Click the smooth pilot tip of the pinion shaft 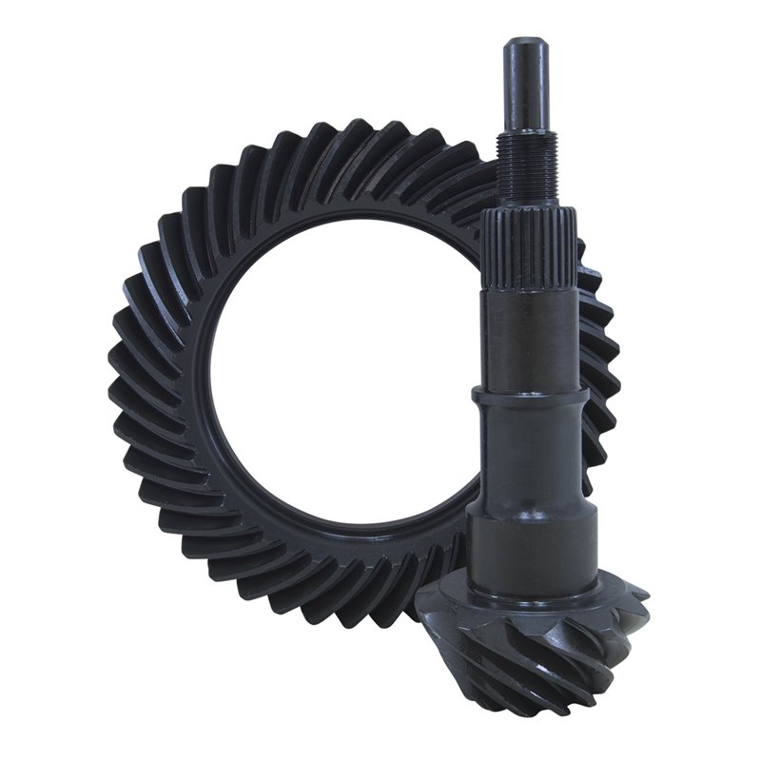[525, 86]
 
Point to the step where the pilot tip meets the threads [525, 133]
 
